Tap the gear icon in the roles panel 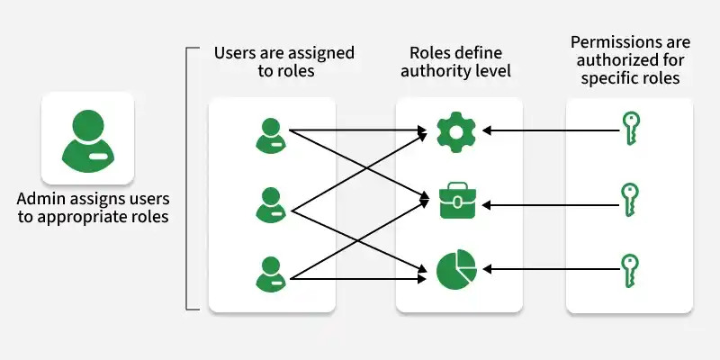455,131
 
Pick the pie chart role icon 455,269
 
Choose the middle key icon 630,200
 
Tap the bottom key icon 630,269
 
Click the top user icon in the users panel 271,135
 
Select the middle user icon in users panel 271,204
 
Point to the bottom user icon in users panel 271,274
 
